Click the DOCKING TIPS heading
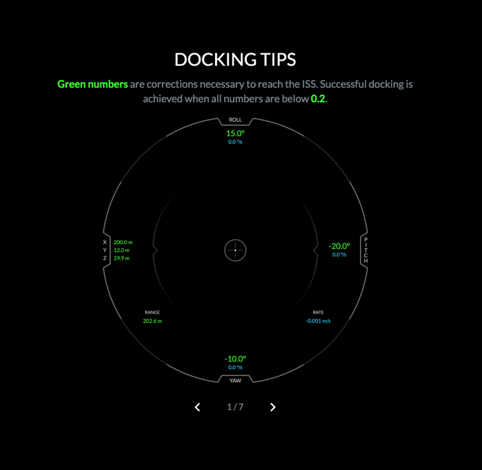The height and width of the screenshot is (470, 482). (x=235, y=59)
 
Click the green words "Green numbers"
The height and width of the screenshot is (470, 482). (x=93, y=84)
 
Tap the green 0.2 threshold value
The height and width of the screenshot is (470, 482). (x=317, y=99)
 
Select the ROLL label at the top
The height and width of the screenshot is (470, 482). (x=235, y=120)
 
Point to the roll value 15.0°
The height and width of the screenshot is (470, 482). (x=235, y=133)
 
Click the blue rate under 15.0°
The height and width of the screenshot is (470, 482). (x=235, y=142)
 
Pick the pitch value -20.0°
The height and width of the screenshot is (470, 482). (x=339, y=246)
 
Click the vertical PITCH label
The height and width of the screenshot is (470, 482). (x=366, y=250)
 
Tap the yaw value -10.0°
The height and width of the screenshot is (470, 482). (x=235, y=359)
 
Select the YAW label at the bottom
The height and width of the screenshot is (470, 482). (x=235, y=380)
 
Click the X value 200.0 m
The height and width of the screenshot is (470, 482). (x=123, y=243)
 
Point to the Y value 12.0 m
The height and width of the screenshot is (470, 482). (x=122, y=250)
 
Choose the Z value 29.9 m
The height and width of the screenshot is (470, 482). (x=122, y=258)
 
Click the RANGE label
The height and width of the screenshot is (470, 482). (x=152, y=312)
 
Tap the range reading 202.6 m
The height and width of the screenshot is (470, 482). (x=152, y=321)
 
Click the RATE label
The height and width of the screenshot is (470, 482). (x=318, y=312)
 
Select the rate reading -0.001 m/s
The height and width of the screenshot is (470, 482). (x=318, y=321)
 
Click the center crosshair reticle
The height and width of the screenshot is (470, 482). (x=235, y=250)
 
